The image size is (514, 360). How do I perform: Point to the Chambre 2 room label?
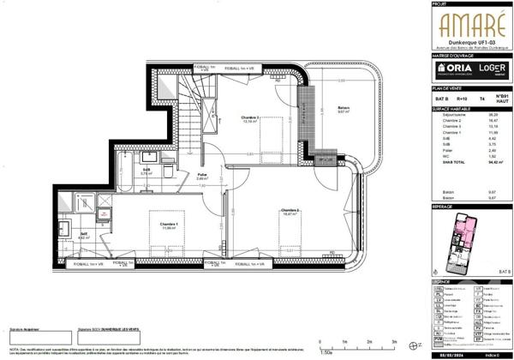pos(290,211)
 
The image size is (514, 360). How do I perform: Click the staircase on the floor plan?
pos(186,103)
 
